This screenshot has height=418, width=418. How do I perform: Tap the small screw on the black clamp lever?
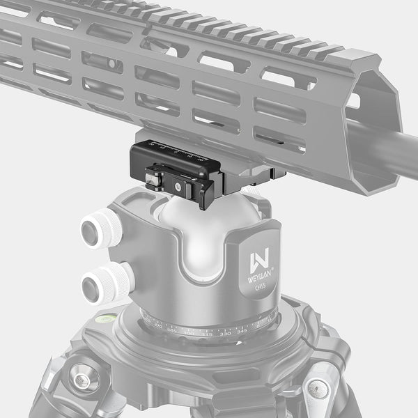(179, 187)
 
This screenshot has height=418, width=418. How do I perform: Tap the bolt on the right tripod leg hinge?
(317, 387)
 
